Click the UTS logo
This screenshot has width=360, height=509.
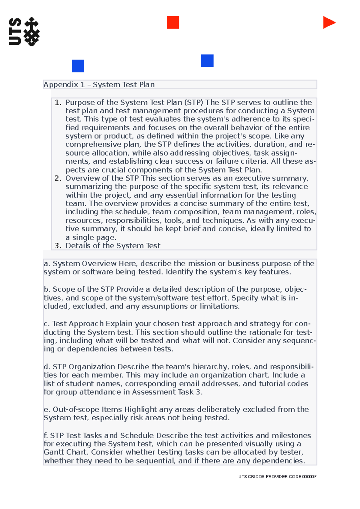pos(24,31)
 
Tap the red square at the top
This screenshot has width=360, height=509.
pos(173,22)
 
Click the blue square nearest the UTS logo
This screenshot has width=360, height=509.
pos(78,66)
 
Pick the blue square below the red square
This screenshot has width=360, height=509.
pos(207,61)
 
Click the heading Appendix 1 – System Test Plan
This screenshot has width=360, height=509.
pos(99,85)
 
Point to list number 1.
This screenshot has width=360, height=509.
pos(58,103)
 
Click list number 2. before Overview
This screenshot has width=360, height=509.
pos(58,178)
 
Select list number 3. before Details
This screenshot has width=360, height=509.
pos(58,246)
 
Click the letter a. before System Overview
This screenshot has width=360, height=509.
pos(46,264)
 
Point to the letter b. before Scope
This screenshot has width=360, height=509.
pos(47,290)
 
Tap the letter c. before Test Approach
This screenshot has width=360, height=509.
pos(46,324)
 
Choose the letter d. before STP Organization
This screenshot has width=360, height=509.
pos(47,367)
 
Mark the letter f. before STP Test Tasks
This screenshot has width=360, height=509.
pos(46,436)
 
